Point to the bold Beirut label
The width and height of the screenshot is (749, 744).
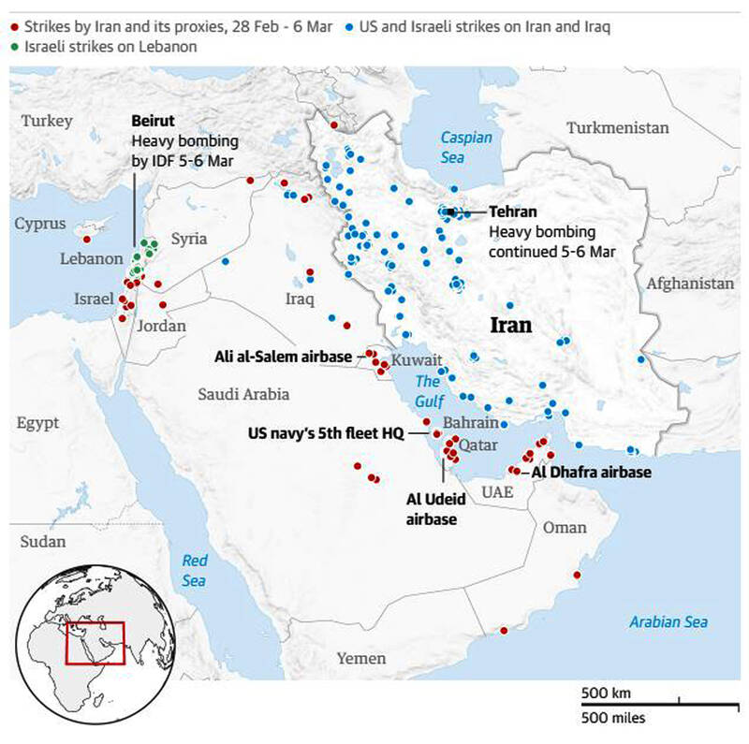pyautogui.click(x=153, y=122)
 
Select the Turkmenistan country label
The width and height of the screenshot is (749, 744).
pyautogui.click(x=618, y=128)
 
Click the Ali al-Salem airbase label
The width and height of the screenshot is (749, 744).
pyautogui.click(x=283, y=357)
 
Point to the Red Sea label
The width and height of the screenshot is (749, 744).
pyautogui.click(x=195, y=570)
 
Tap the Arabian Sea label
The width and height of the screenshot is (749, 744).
pyautogui.click(x=668, y=621)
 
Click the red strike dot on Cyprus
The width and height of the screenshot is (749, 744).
pyautogui.click(x=86, y=225)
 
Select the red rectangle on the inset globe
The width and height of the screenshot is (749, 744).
pyautogui.click(x=95, y=643)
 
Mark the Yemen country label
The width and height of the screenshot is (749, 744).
pyautogui.click(x=360, y=659)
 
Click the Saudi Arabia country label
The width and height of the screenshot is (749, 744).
pyautogui.click(x=243, y=394)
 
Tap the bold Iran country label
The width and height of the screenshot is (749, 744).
pyautogui.click(x=512, y=326)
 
